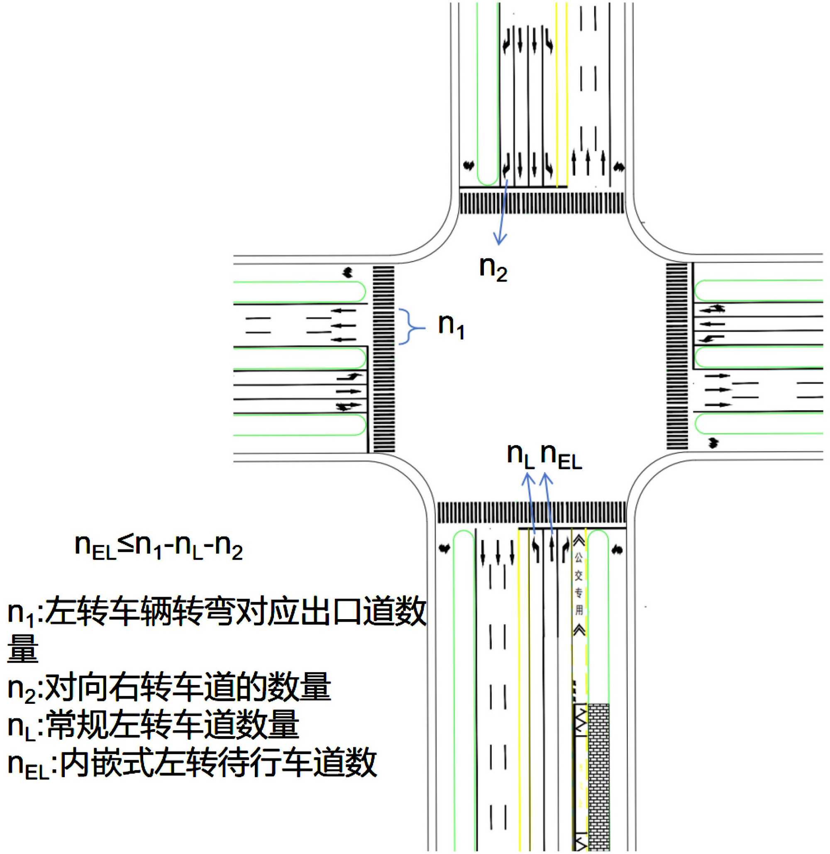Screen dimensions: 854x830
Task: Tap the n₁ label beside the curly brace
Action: coord(451,326)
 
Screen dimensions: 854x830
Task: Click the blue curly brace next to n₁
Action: coord(410,327)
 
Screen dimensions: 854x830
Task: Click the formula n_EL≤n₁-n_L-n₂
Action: coord(159,547)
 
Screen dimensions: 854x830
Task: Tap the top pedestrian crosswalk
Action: coord(542,203)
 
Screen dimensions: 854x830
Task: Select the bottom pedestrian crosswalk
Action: coord(531,512)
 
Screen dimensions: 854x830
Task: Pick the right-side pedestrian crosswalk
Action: coord(677,355)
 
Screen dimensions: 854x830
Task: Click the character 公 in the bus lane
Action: coord(579,558)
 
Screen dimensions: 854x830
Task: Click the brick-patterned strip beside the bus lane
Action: coord(598,776)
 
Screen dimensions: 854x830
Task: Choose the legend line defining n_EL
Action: coord(192,763)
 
